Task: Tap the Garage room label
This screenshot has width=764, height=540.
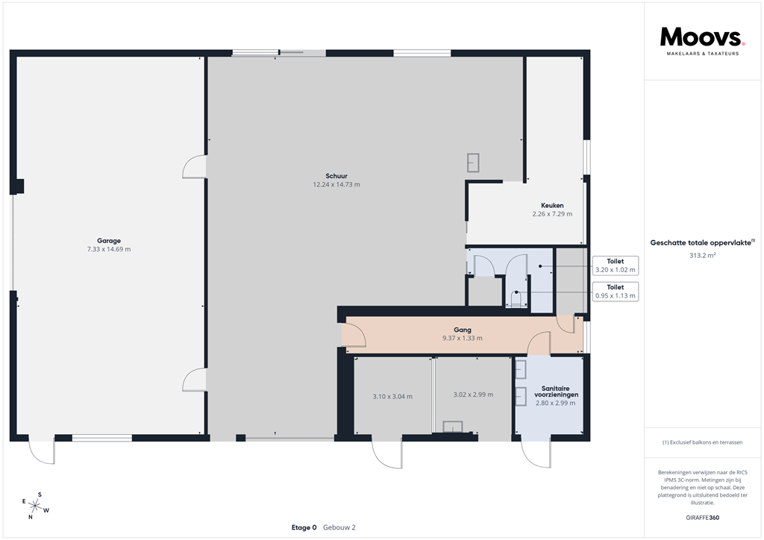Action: pos(108,241)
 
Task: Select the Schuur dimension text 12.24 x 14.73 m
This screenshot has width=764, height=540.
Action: pos(336,184)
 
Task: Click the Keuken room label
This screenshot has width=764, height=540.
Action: pos(552,205)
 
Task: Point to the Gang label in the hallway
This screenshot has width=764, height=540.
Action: pos(462,329)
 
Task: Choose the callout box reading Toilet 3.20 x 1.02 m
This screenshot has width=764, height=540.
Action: pos(616,266)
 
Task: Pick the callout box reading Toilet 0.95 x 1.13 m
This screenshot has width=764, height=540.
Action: pos(616,291)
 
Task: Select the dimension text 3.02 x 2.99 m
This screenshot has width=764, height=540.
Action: pos(473,395)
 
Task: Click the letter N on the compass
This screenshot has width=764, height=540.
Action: pos(31,517)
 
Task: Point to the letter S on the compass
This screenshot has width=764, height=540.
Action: pos(40,495)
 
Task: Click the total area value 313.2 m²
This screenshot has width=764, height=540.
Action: pos(702,255)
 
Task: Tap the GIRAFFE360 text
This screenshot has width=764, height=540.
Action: pos(702,517)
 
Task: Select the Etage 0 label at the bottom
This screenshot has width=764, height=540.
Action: pos(304,527)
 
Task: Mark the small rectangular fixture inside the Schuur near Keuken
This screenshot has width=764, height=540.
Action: pos(473,162)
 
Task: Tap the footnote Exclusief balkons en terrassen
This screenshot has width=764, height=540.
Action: pos(702,442)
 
